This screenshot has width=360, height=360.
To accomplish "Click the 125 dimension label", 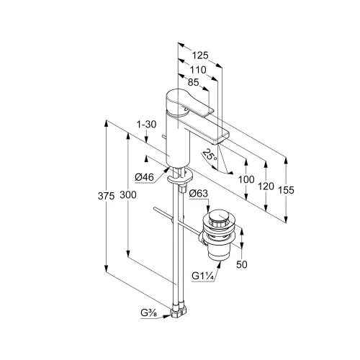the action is [200, 55].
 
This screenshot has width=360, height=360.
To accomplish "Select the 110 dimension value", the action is [198, 70].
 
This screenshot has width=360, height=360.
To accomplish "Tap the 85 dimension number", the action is [194, 82].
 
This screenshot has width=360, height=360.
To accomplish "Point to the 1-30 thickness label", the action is [146, 125].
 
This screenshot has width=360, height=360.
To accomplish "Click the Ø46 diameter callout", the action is [144, 177].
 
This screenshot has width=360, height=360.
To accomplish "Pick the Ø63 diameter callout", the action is [199, 194].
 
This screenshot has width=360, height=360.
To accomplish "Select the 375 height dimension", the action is [106, 196].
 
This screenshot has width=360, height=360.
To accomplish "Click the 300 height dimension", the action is [128, 195].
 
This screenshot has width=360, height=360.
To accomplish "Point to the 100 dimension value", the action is [246, 179].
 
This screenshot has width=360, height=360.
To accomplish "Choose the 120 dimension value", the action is [266, 186].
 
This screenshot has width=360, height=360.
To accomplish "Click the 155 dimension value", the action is [286, 190].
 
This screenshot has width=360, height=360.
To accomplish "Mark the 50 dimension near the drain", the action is [242, 264].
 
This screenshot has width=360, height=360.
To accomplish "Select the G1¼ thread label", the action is [202, 276].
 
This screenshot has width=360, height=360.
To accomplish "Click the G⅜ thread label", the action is [149, 313].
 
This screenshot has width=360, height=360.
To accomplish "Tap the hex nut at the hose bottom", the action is [179, 312].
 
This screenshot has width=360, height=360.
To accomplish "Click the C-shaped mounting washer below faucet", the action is [180, 177].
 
